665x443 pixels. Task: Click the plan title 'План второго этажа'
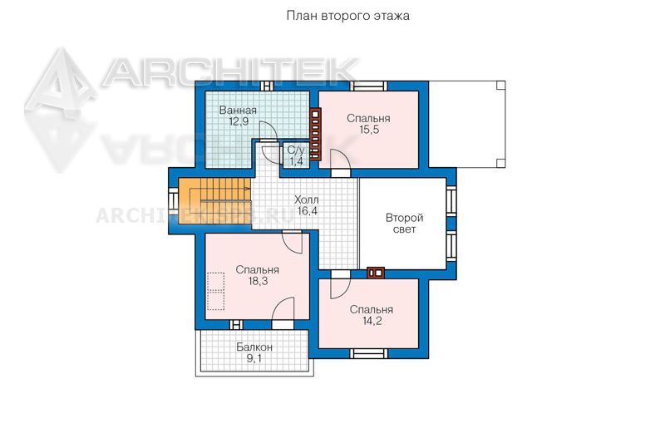[347, 16]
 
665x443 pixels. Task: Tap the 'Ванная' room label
[238, 111]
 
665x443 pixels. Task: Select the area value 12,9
[239, 121]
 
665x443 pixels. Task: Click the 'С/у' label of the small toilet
[296, 150]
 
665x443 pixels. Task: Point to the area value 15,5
[369, 130]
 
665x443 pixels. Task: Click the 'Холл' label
[307, 199]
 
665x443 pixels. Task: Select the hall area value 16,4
[308, 210]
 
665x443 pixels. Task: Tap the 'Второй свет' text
[404, 224]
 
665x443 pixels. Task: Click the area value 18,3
[258, 281]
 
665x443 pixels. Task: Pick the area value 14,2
[372, 321]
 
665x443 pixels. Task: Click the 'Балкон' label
[254, 347]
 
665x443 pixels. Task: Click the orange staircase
[214, 196]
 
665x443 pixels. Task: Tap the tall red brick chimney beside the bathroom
[315, 134]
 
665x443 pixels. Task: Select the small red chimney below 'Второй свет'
[376, 273]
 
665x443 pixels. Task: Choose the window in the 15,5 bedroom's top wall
[370, 86]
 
